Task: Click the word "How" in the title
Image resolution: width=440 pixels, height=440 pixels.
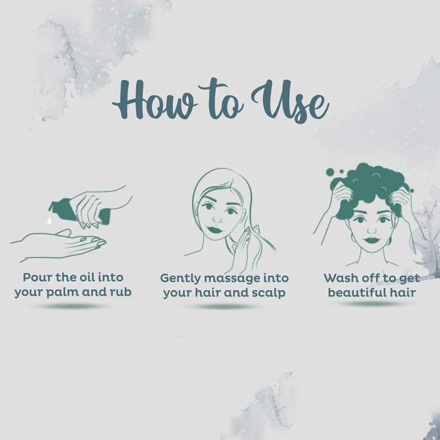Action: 154,100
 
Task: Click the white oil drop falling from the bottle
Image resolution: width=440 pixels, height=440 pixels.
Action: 50,220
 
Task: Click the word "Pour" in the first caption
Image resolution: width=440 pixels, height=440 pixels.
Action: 37,278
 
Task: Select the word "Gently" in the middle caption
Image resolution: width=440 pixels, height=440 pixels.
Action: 180,279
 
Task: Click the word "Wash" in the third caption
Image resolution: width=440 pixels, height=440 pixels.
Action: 340,279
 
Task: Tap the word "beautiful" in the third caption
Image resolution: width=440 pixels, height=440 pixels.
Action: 356,293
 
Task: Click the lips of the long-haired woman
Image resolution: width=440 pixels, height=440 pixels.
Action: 215,230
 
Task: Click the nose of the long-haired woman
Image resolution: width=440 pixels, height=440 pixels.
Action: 217,220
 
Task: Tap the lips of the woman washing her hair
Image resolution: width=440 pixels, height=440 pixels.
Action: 372,241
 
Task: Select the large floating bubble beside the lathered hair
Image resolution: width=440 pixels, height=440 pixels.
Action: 330,172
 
